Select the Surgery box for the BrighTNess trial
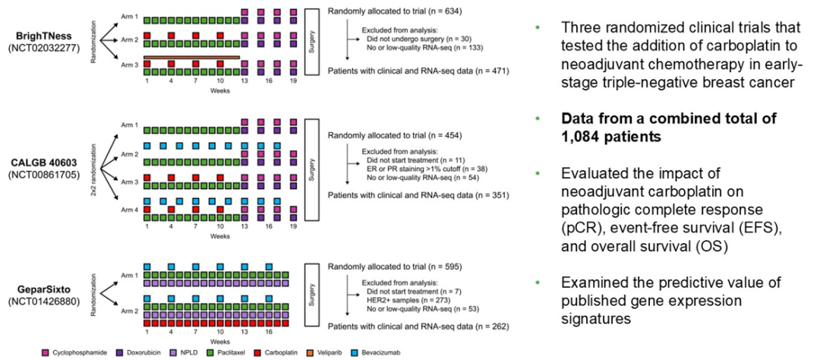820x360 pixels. (x=311, y=42)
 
